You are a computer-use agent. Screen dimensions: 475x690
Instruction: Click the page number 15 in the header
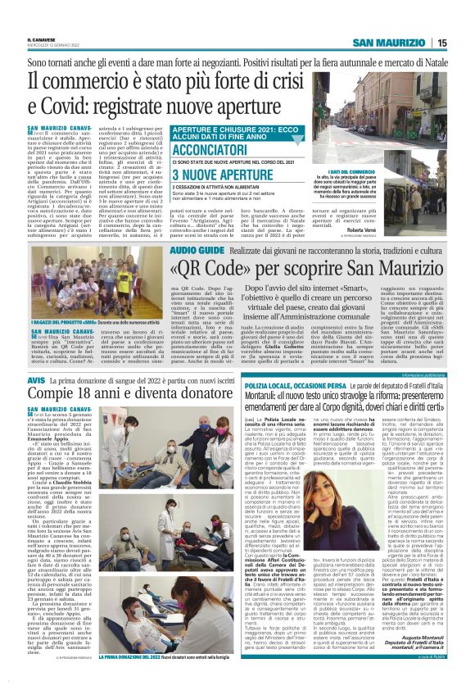pyautogui.click(x=464, y=43)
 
